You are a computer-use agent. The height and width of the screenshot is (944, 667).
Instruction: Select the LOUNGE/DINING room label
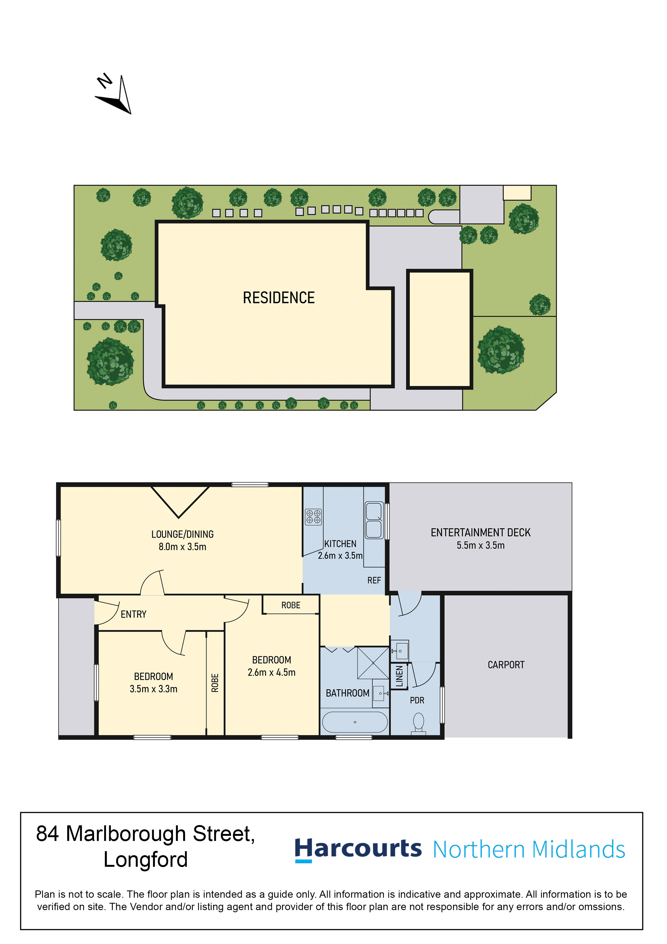pyautogui.click(x=182, y=534)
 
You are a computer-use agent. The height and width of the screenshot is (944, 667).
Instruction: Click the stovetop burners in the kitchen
pyautogui.click(x=314, y=517)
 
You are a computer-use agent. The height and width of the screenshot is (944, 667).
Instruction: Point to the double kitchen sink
pyautogui.click(x=374, y=520)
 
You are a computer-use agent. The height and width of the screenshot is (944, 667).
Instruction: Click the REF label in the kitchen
pyautogui.click(x=374, y=580)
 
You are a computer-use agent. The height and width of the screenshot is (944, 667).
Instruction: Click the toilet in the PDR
pyautogui.click(x=418, y=723)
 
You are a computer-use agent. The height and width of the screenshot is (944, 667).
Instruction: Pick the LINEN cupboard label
pyautogui.click(x=399, y=676)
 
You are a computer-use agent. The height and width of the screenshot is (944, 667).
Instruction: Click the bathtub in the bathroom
pyautogui.click(x=355, y=722)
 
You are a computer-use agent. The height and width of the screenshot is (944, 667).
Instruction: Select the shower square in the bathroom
pyautogui.click(x=373, y=663)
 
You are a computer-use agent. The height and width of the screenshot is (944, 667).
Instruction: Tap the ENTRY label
pyautogui.click(x=134, y=614)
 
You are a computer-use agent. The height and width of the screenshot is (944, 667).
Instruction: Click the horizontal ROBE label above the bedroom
pyautogui.click(x=291, y=605)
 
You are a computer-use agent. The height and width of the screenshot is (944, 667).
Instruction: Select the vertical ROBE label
pyautogui.click(x=215, y=683)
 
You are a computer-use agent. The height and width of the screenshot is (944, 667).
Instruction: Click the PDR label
pyautogui.click(x=417, y=700)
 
